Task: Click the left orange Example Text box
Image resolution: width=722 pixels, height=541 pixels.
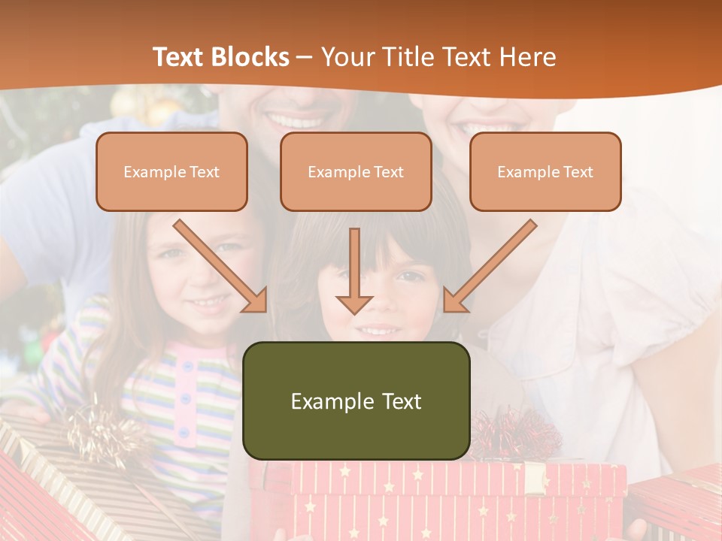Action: coord(171,171)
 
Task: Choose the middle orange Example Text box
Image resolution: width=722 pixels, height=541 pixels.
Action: coord(356,171)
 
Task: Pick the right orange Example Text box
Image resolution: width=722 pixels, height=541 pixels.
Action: coord(545,171)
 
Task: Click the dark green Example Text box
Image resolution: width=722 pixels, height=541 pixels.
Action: coord(356,400)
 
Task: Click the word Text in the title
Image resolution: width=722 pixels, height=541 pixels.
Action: coord(179,57)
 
